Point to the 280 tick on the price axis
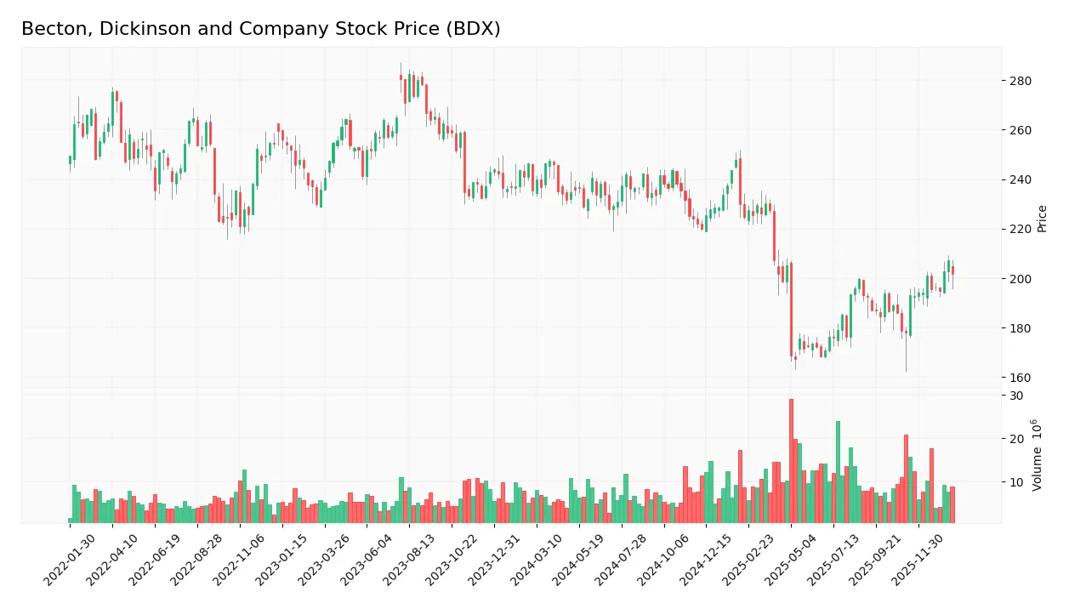click(x=1021, y=82)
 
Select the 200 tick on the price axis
click(x=1021, y=279)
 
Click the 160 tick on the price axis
click(x=1021, y=378)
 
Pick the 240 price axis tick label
click(x=1021, y=180)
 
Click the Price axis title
click(x=1042, y=219)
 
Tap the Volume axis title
click(x=1038, y=455)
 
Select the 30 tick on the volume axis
click(x=1016, y=396)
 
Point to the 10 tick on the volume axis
click(x=1016, y=482)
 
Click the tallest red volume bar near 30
click(x=791, y=461)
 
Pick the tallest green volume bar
click(x=838, y=472)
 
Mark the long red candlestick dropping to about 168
click(x=791, y=310)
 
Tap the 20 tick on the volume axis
click(x=1016, y=439)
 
